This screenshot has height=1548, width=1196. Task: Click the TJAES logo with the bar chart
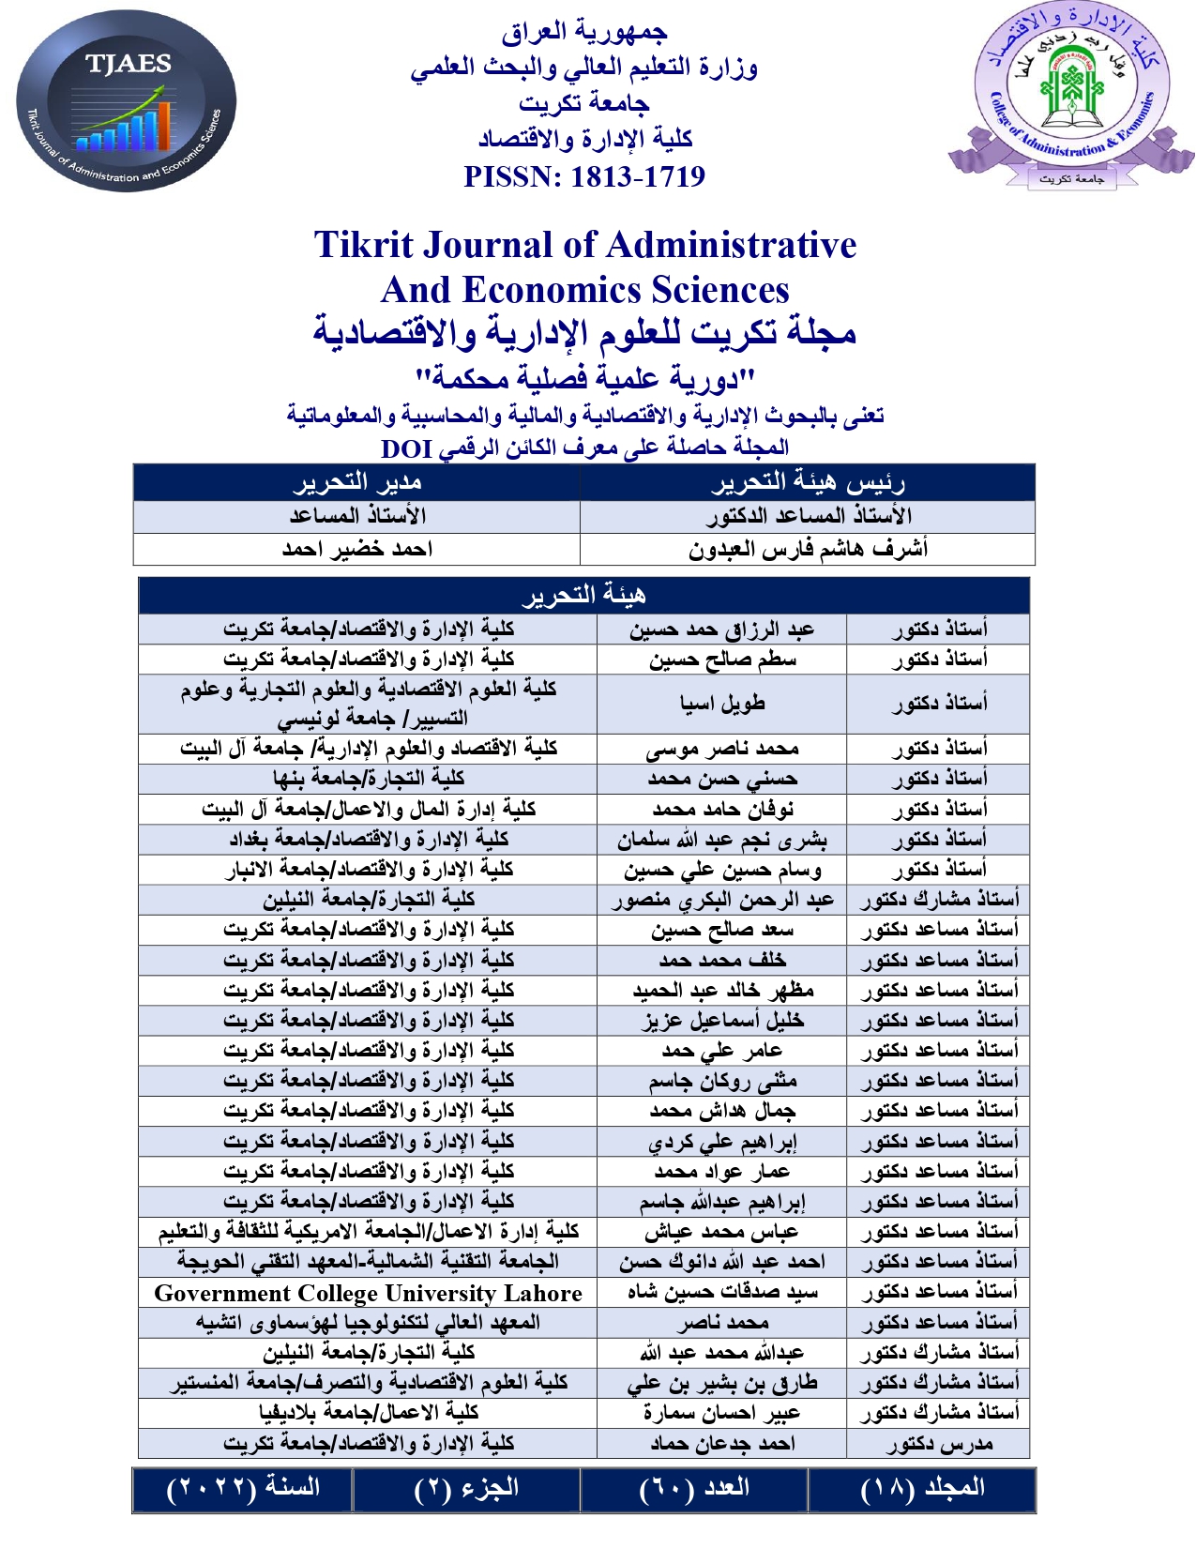click(127, 101)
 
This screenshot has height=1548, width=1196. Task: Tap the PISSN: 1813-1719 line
click(584, 176)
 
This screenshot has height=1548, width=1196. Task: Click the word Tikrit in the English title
click(363, 246)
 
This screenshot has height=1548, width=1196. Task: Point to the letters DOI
click(406, 448)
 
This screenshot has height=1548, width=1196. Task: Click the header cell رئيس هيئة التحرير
click(808, 482)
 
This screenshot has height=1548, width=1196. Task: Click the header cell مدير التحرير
click(356, 482)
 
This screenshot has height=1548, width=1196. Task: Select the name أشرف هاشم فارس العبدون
click(808, 549)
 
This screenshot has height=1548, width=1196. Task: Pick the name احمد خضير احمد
click(356, 549)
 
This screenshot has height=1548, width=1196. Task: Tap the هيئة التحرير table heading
click(583, 595)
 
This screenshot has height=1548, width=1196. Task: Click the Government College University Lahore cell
click(368, 1293)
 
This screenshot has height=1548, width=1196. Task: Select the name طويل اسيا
click(721, 703)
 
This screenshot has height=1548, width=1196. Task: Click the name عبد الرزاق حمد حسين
click(721, 629)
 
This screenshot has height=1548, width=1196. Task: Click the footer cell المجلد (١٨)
click(922, 1488)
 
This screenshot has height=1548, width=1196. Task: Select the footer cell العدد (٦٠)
click(694, 1488)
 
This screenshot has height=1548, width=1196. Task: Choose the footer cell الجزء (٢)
click(466, 1488)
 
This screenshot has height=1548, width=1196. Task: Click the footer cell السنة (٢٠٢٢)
click(243, 1488)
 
